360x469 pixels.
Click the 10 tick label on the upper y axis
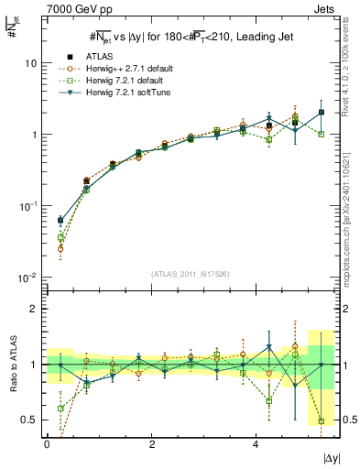point(32,63)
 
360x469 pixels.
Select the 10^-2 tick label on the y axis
point(29,278)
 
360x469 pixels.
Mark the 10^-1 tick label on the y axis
point(29,206)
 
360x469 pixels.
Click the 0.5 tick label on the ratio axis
point(31,420)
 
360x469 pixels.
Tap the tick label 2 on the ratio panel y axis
point(35,309)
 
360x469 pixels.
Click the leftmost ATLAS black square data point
point(60,220)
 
